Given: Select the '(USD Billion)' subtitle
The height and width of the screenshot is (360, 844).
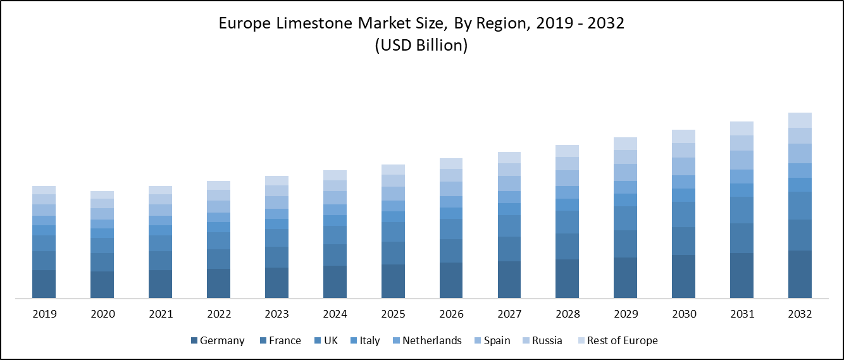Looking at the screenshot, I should click(x=421, y=46).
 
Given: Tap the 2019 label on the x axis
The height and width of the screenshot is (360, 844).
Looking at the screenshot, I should click(x=44, y=314).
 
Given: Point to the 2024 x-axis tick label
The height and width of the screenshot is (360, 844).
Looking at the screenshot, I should click(x=335, y=314).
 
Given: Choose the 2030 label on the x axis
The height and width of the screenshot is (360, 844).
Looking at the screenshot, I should click(x=684, y=314).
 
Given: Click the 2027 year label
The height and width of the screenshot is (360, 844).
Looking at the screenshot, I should click(x=509, y=314).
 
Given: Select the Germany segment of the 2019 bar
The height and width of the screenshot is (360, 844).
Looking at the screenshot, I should click(x=44, y=284).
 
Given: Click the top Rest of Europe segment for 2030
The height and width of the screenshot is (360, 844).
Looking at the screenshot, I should click(x=683, y=136).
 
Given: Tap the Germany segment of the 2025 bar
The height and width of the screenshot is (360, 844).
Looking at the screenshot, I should click(x=393, y=281).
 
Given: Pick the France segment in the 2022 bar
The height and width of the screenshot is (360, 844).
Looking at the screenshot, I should click(x=218, y=259).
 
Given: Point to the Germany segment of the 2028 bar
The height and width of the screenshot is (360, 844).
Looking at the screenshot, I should click(x=568, y=278).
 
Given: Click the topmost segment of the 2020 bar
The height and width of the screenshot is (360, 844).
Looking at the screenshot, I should click(x=102, y=195).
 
